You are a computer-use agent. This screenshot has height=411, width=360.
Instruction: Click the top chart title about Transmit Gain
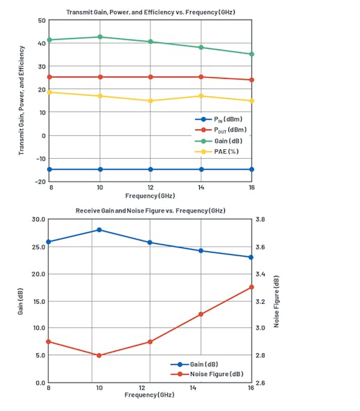click(150, 13)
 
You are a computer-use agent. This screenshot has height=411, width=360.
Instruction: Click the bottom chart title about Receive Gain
click(150, 210)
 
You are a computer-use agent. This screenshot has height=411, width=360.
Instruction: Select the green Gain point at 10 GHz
click(100, 37)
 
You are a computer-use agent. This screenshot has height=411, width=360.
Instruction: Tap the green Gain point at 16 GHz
click(251, 54)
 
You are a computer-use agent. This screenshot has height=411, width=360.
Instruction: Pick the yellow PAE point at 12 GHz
click(151, 101)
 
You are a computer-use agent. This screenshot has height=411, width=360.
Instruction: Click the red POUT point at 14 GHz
click(201, 77)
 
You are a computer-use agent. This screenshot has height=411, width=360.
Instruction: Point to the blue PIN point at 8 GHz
click(49, 169)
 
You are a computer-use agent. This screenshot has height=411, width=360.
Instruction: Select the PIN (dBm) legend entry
click(224, 119)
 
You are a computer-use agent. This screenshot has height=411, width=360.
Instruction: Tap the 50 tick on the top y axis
click(41, 21)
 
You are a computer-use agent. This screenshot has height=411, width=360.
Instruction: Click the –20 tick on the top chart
click(40, 181)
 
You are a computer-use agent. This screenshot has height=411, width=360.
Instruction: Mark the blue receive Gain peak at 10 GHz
click(100, 230)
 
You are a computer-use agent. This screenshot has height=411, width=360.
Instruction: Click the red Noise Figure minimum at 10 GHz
click(100, 355)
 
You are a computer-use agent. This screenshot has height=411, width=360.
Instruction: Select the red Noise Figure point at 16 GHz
click(251, 287)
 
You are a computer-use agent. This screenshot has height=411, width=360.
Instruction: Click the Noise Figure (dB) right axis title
click(276, 302)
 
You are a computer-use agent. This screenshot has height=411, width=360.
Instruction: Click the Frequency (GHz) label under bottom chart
click(150, 395)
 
